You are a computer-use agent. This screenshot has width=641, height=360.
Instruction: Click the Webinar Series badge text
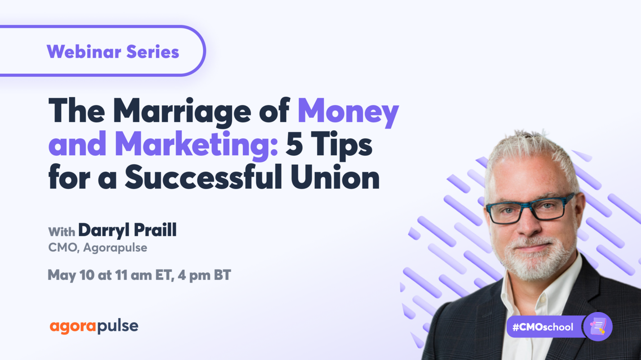[x=113, y=52]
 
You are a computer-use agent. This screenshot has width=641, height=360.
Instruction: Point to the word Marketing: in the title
[x=196, y=145]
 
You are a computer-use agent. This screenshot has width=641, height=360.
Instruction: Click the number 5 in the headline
[x=294, y=145]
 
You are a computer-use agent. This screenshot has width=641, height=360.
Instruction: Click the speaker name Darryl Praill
[x=127, y=230]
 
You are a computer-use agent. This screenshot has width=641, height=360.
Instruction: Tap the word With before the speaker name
[x=62, y=232]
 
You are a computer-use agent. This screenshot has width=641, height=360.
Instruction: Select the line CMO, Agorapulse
[x=98, y=247]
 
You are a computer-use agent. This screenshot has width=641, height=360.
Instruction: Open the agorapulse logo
[x=94, y=327]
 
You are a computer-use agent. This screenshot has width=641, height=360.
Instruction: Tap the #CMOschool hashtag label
[x=542, y=327]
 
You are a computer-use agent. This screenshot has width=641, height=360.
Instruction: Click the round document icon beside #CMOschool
[x=598, y=326]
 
